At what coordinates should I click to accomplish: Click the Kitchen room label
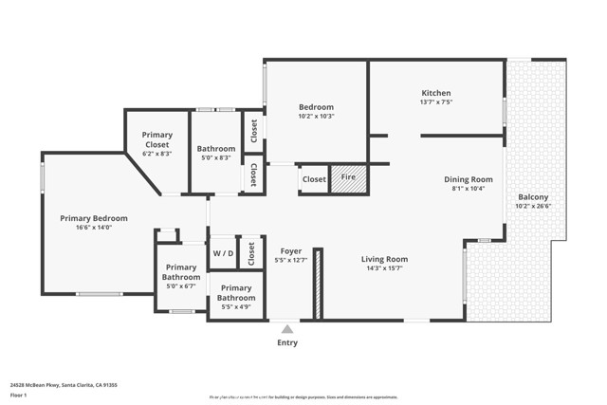click(x=436, y=93)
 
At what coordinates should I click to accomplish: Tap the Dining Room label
click(x=469, y=179)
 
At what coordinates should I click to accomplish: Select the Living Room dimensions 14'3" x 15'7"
click(x=384, y=268)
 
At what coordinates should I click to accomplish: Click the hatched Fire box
click(x=348, y=178)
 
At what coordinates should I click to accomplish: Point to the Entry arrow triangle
click(x=286, y=329)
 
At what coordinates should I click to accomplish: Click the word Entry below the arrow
click(x=286, y=342)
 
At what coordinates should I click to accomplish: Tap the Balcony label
click(x=532, y=197)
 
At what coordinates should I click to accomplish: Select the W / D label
click(x=223, y=253)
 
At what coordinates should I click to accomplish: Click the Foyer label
click(x=291, y=251)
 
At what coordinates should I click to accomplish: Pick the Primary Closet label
click(x=157, y=139)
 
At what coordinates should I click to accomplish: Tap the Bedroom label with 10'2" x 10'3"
click(x=316, y=106)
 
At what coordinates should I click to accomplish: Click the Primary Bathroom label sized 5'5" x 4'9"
click(x=237, y=292)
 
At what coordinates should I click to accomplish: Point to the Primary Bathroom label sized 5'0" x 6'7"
click(x=181, y=272)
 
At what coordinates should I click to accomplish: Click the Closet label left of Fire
click(x=314, y=179)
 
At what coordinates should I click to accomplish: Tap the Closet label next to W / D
click(x=251, y=253)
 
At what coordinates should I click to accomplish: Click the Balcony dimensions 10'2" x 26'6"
click(x=532, y=206)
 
